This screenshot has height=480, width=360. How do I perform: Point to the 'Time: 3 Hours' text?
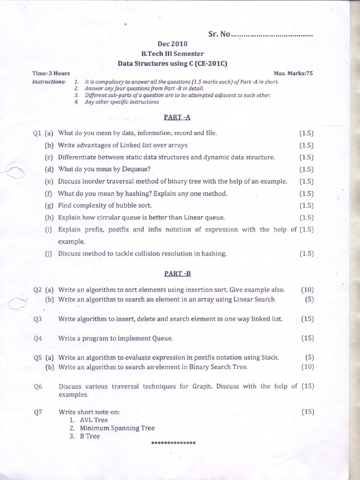point(51,73)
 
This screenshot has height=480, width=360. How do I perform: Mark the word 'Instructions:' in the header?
point(49,82)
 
